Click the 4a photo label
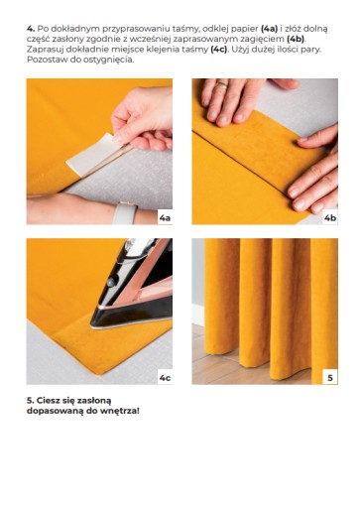tap(165, 217)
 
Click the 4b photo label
tap(330, 217)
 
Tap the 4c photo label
tap(165, 377)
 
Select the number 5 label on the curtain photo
tap(330, 377)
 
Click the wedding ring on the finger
tap(222, 85)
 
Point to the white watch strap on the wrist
tap(125, 212)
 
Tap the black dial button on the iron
tap(111, 282)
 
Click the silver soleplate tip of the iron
tap(93, 326)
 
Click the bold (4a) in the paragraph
tap(269, 29)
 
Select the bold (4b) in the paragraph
tap(296, 39)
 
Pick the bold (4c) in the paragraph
tap(219, 50)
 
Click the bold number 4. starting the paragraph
tap(31, 29)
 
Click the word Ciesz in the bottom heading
tap(48, 401)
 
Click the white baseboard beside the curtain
tap(198, 315)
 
